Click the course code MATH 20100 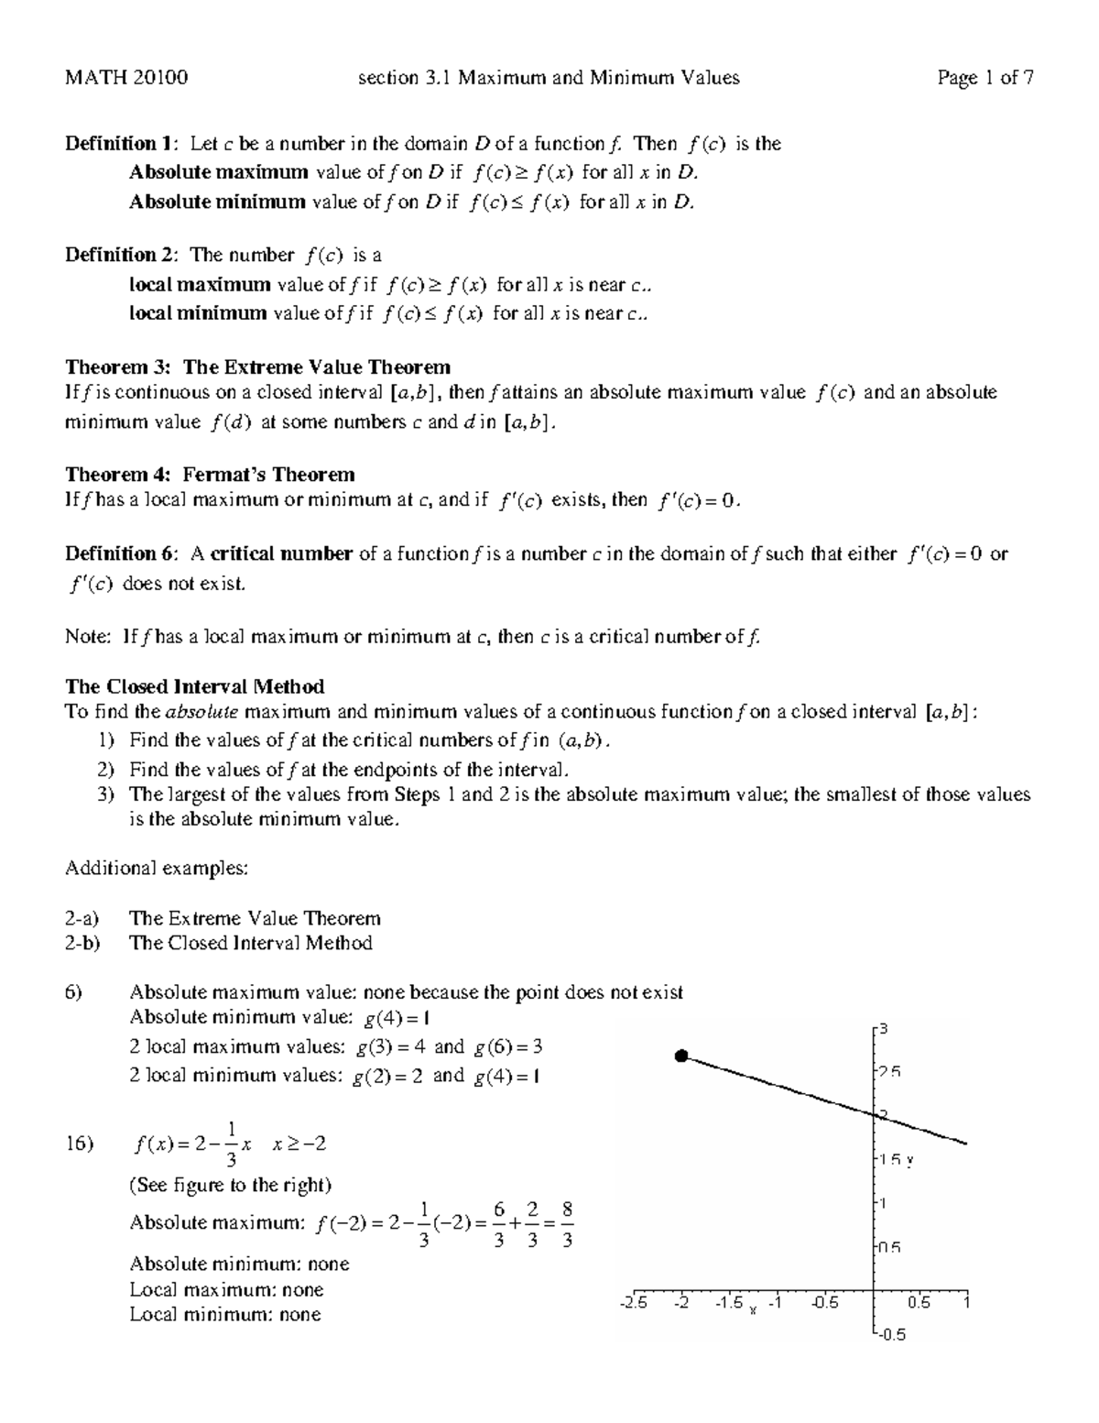[126, 78]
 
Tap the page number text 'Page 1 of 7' [985, 78]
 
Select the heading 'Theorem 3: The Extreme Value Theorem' [257, 367]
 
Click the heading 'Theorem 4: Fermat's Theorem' [210, 475]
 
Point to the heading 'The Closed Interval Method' [194, 686]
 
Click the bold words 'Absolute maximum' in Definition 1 [219, 172]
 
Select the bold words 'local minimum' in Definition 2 [198, 313]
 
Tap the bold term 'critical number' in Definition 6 [281, 553]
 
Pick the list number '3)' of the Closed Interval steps [106, 794]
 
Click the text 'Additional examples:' [157, 868]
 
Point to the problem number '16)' [80, 1144]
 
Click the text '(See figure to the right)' [230, 1185]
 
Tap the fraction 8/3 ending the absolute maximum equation [567, 1224]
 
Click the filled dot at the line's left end [680, 1056]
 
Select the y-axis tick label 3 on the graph [883, 1029]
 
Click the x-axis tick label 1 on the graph [965, 1302]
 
